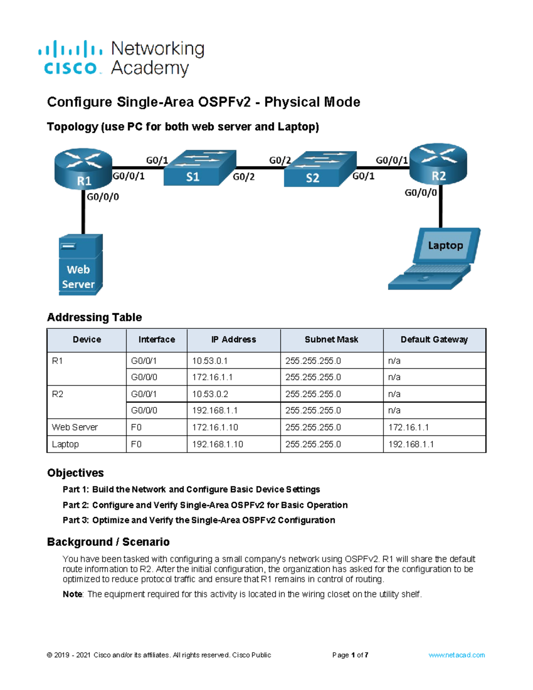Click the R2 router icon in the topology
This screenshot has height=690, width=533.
point(438,164)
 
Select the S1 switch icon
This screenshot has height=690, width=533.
point(199,168)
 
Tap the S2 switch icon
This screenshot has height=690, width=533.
point(320,169)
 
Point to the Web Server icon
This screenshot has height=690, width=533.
point(80,265)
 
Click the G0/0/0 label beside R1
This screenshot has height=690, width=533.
point(103,197)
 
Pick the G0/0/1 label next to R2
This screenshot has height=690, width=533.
point(391,160)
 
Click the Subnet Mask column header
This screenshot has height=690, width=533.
point(331,340)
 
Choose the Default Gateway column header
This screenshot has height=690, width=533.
point(434,340)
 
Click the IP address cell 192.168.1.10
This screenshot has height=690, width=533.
point(217,444)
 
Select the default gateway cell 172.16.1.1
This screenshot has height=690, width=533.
point(408,427)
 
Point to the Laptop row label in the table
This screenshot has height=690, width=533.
point(65,444)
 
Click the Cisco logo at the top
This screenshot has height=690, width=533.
point(70,58)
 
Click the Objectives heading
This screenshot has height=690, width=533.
point(76,473)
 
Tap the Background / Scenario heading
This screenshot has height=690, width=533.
point(108,542)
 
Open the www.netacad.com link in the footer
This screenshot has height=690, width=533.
point(457,655)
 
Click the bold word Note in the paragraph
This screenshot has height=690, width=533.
point(72,594)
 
